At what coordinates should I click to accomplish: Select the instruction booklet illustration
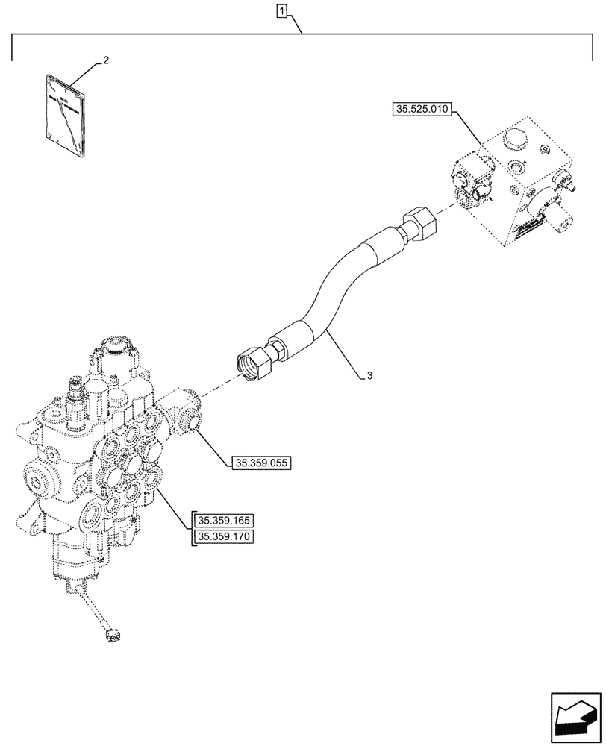[x=66, y=115]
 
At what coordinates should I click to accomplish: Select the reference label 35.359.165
[x=224, y=520]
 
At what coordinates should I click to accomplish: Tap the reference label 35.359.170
[x=224, y=536]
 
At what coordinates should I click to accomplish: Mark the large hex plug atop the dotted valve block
[x=515, y=141]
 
